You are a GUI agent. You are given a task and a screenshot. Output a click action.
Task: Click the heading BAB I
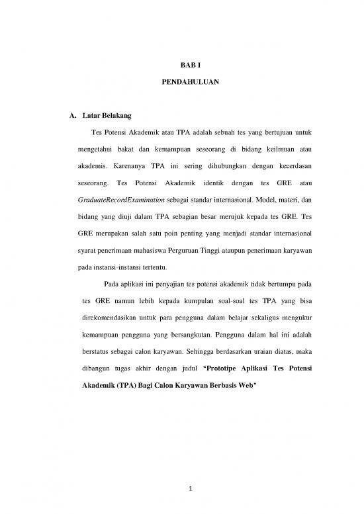[x=181, y=66]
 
